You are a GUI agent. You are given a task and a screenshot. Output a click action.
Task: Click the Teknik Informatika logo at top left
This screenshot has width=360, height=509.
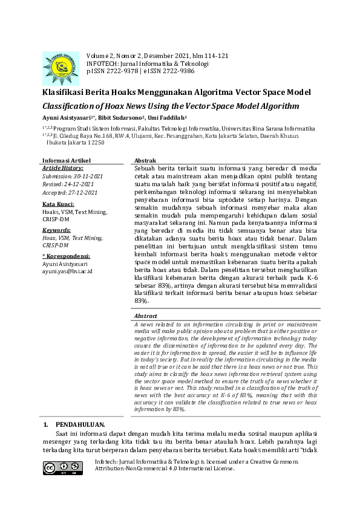[61, 68]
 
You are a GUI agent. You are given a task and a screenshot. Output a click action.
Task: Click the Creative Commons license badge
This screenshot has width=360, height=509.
[62, 468]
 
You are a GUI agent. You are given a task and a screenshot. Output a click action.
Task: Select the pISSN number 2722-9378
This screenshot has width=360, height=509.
[121, 71]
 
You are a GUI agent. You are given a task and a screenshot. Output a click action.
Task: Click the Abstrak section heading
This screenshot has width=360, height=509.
[145, 160]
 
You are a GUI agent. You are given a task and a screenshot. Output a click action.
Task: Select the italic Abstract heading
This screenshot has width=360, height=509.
[146, 316]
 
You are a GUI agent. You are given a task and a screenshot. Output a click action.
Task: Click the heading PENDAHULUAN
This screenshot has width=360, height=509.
[80, 425]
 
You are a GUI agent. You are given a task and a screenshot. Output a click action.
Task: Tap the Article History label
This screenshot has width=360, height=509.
[63, 168]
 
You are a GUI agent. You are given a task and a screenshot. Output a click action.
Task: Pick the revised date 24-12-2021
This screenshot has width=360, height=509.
[79, 183]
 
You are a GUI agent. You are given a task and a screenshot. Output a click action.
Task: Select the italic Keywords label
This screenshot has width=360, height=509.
[57, 230]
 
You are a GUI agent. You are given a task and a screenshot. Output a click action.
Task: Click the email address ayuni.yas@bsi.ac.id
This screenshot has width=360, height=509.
[67, 271]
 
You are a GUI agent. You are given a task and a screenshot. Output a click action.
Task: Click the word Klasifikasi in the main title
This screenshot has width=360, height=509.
[67, 92]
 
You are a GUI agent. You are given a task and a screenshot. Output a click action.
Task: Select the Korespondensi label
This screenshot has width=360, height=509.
[68, 256]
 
